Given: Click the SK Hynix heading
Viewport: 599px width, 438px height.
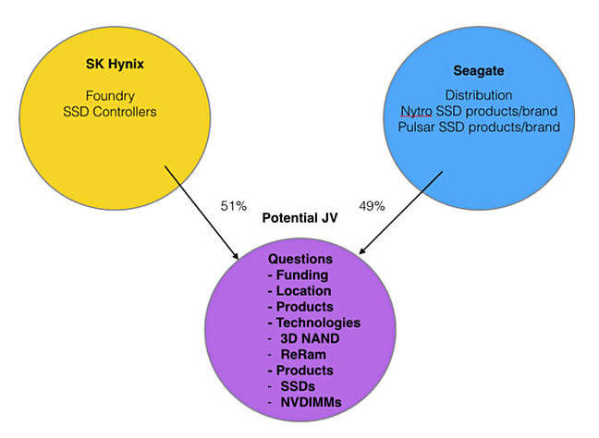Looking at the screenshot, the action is coord(115,64).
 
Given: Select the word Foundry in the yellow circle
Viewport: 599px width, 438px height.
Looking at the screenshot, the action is coord(110,96).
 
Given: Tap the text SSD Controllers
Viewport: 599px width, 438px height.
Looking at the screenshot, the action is coord(110,112).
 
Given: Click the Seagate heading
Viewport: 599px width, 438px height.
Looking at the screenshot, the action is coord(479,71).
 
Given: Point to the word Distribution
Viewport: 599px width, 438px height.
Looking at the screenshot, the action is coord(479,95).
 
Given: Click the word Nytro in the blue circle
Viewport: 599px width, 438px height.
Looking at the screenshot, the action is coord(416,112).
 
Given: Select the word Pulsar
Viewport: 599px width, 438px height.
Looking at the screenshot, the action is coord(416,127).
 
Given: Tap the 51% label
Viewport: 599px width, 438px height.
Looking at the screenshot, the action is coord(234,206).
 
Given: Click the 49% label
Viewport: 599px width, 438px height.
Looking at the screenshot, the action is coord(372,206).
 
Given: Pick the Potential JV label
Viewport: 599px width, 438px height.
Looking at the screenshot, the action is coord(299,218).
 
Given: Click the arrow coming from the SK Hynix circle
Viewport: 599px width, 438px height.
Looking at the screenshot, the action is coord(202,213).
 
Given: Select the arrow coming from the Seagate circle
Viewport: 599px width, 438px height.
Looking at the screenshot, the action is coord(401,213).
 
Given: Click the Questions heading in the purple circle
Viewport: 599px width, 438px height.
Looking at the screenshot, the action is coord(300,259).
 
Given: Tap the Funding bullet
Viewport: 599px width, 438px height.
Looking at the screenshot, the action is coord(299,275).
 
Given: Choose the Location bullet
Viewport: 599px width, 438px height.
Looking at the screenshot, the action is coord(299,291).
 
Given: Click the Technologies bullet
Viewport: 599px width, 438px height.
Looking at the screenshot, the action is coord(314,322).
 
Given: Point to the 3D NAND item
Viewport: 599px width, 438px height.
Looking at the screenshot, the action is coord(310,339).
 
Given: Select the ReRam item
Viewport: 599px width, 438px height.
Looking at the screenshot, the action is coord(303,354).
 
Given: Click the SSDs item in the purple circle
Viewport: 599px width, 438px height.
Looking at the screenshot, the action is coord(298,386).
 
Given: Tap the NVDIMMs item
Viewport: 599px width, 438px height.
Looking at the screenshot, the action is coord(311,403).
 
